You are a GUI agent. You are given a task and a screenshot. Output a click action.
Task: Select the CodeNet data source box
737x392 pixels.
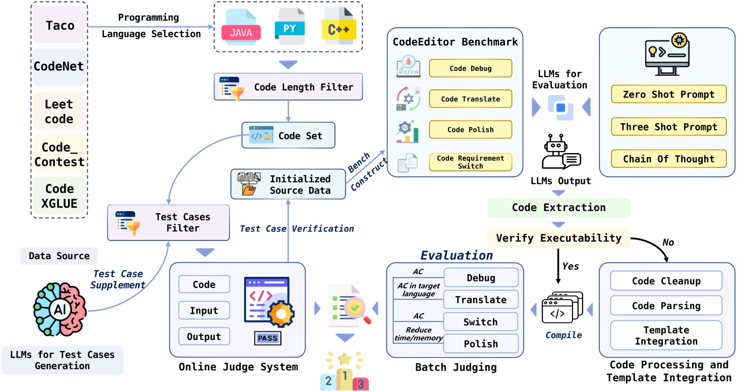(x=59, y=66)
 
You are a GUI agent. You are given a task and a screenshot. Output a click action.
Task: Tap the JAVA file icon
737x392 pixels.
(x=241, y=31)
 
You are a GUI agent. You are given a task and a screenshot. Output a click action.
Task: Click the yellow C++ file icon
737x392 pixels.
(x=339, y=29)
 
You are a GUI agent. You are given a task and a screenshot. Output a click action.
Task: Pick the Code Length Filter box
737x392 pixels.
(x=288, y=87)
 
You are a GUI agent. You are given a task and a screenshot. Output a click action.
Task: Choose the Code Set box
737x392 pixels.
(x=288, y=135)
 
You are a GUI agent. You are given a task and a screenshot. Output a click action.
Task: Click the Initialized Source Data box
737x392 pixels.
(x=288, y=184)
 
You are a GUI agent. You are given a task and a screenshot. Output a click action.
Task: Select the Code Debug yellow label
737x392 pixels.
(x=470, y=68)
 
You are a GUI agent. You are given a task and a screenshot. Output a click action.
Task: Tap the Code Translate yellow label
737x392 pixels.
(x=470, y=99)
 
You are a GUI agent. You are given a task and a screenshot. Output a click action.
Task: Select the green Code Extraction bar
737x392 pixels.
(x=558, y=208)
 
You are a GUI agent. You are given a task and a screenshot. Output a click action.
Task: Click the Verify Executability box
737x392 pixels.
(x=558, y=237)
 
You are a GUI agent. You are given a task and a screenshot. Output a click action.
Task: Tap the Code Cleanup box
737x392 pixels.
(x=666, y=281)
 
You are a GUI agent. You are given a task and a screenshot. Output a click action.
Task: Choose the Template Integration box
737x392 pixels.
(x=666, y=335)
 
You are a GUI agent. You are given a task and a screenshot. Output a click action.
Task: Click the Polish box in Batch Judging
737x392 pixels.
(x=481, y=344)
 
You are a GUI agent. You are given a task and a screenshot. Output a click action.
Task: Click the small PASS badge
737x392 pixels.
(x=267, y=338)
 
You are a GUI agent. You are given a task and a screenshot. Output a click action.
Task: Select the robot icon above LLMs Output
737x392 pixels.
(x=559, y=154)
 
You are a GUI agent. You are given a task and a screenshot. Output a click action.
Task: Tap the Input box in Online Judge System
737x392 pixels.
(x=204, y=310)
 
